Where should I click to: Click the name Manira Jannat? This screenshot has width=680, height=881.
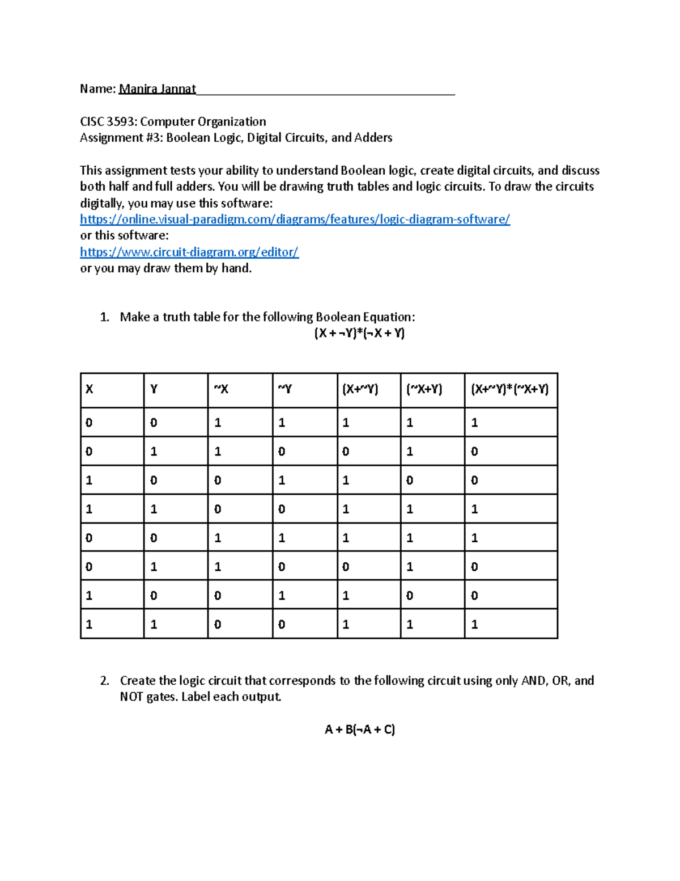click(x=157, y=89)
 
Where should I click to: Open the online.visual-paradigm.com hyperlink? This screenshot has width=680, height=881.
click(x=295, y=220)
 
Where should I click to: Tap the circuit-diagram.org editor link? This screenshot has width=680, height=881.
click(x=189, y=252)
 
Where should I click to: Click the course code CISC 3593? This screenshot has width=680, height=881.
click(x=108, y=122)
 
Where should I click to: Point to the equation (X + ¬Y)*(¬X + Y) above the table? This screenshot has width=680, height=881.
click(x=359, y=333)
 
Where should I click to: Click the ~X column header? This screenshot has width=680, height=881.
click(x=220, y=389)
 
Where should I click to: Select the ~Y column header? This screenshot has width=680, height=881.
click(x=284, y=389)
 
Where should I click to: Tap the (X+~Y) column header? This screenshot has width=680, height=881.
click(x=360, y=389)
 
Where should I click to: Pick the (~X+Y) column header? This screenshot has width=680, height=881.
click(x=424, y=389)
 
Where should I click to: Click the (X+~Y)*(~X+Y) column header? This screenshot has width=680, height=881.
click(x=509, y=389)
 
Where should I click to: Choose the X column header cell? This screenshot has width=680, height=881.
click(x=90, y=389)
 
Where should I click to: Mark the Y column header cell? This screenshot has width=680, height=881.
click(x=154, y=389)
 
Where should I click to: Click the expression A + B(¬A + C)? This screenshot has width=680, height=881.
click(x=359, y=730)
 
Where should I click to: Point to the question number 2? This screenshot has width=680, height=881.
click(x=104, y=681)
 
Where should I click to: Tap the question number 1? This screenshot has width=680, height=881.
click(x=104, y=317)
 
